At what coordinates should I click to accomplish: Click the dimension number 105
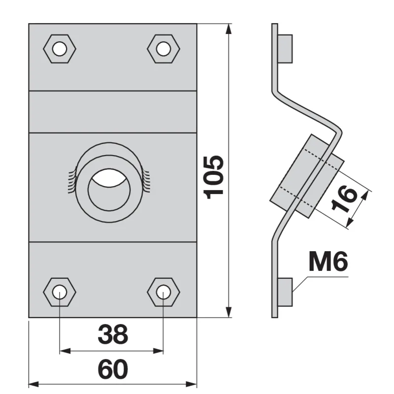(214, 177)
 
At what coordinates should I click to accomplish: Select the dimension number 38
(113, 334)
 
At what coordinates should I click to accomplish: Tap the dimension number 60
(113, 369)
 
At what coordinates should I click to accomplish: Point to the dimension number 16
(344, 199)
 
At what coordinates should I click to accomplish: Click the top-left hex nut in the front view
(60, 49)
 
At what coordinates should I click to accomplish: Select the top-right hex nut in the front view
(164, 49)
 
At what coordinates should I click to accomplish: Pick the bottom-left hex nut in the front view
(60, 292)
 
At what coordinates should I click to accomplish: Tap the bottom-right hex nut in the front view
(164, 292)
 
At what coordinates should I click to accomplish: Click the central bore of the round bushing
(109, 190)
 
